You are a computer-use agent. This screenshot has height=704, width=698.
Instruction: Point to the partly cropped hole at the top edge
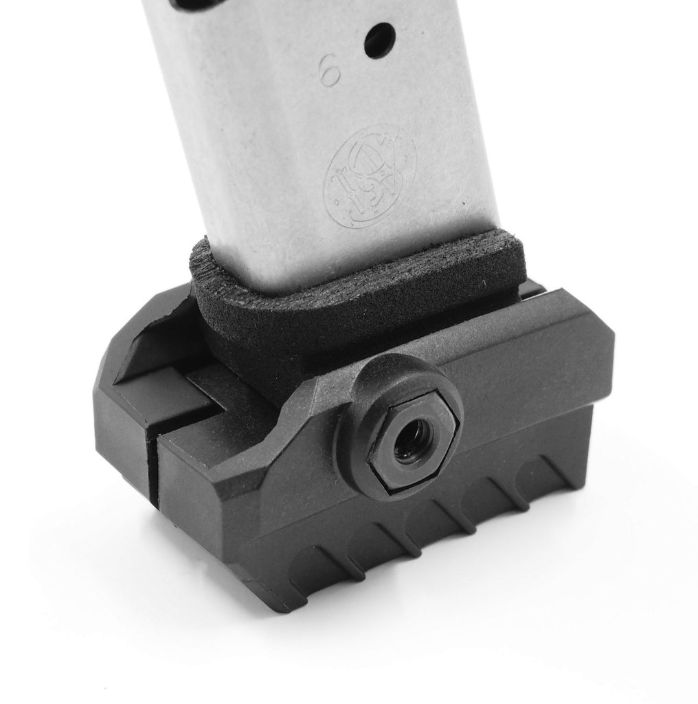click(x=196, y=3)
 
